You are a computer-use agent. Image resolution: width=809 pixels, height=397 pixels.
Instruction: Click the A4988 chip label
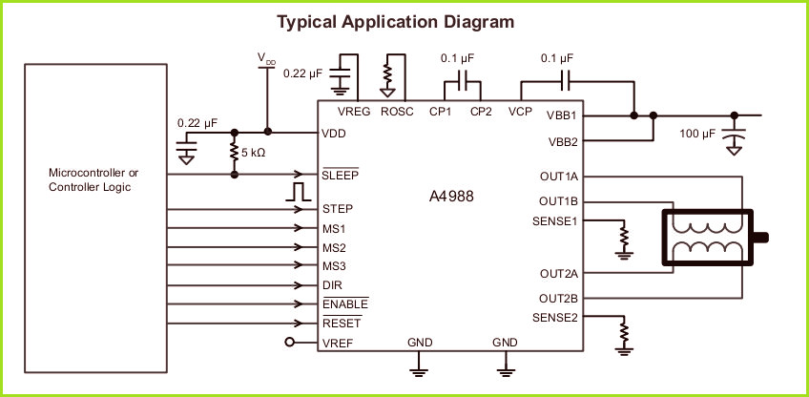click(451, 197)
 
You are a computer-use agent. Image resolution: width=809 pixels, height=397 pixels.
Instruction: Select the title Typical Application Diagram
click(395, 22)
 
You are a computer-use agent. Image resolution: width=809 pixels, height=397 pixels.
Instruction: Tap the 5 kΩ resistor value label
click(254, 153)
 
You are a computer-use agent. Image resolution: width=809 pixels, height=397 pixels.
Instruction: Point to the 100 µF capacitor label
click(697, 134)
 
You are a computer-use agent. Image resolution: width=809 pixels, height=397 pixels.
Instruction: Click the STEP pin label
click(338, 209)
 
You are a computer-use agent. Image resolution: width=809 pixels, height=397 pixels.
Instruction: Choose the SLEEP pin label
click(340, 175)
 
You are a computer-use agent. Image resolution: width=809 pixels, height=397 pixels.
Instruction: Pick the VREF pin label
click(338, 343)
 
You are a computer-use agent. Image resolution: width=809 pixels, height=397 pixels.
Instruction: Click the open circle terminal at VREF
click(289, 342)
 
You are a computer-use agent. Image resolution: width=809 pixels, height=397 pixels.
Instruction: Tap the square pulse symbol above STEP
click(298, 192)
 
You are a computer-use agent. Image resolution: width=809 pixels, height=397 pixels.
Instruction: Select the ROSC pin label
click(397, 112)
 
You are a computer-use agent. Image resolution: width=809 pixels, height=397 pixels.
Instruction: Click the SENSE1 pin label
click(554, 221)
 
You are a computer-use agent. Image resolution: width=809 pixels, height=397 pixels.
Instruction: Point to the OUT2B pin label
click(558, 299)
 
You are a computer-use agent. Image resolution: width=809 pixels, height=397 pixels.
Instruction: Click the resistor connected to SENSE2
click(624, 332)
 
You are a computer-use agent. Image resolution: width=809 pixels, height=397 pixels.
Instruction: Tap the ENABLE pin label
click(345, 303)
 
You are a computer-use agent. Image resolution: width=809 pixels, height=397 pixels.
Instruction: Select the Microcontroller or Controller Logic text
click(93, 179)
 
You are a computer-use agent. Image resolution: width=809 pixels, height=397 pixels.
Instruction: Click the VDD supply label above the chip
click(267, 58)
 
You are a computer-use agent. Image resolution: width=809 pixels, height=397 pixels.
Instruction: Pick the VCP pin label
click(520, 112)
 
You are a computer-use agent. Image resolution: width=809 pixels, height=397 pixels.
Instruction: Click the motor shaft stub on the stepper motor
click(760, 238)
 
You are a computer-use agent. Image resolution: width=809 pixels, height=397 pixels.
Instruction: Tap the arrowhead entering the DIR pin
click(298, 285)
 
